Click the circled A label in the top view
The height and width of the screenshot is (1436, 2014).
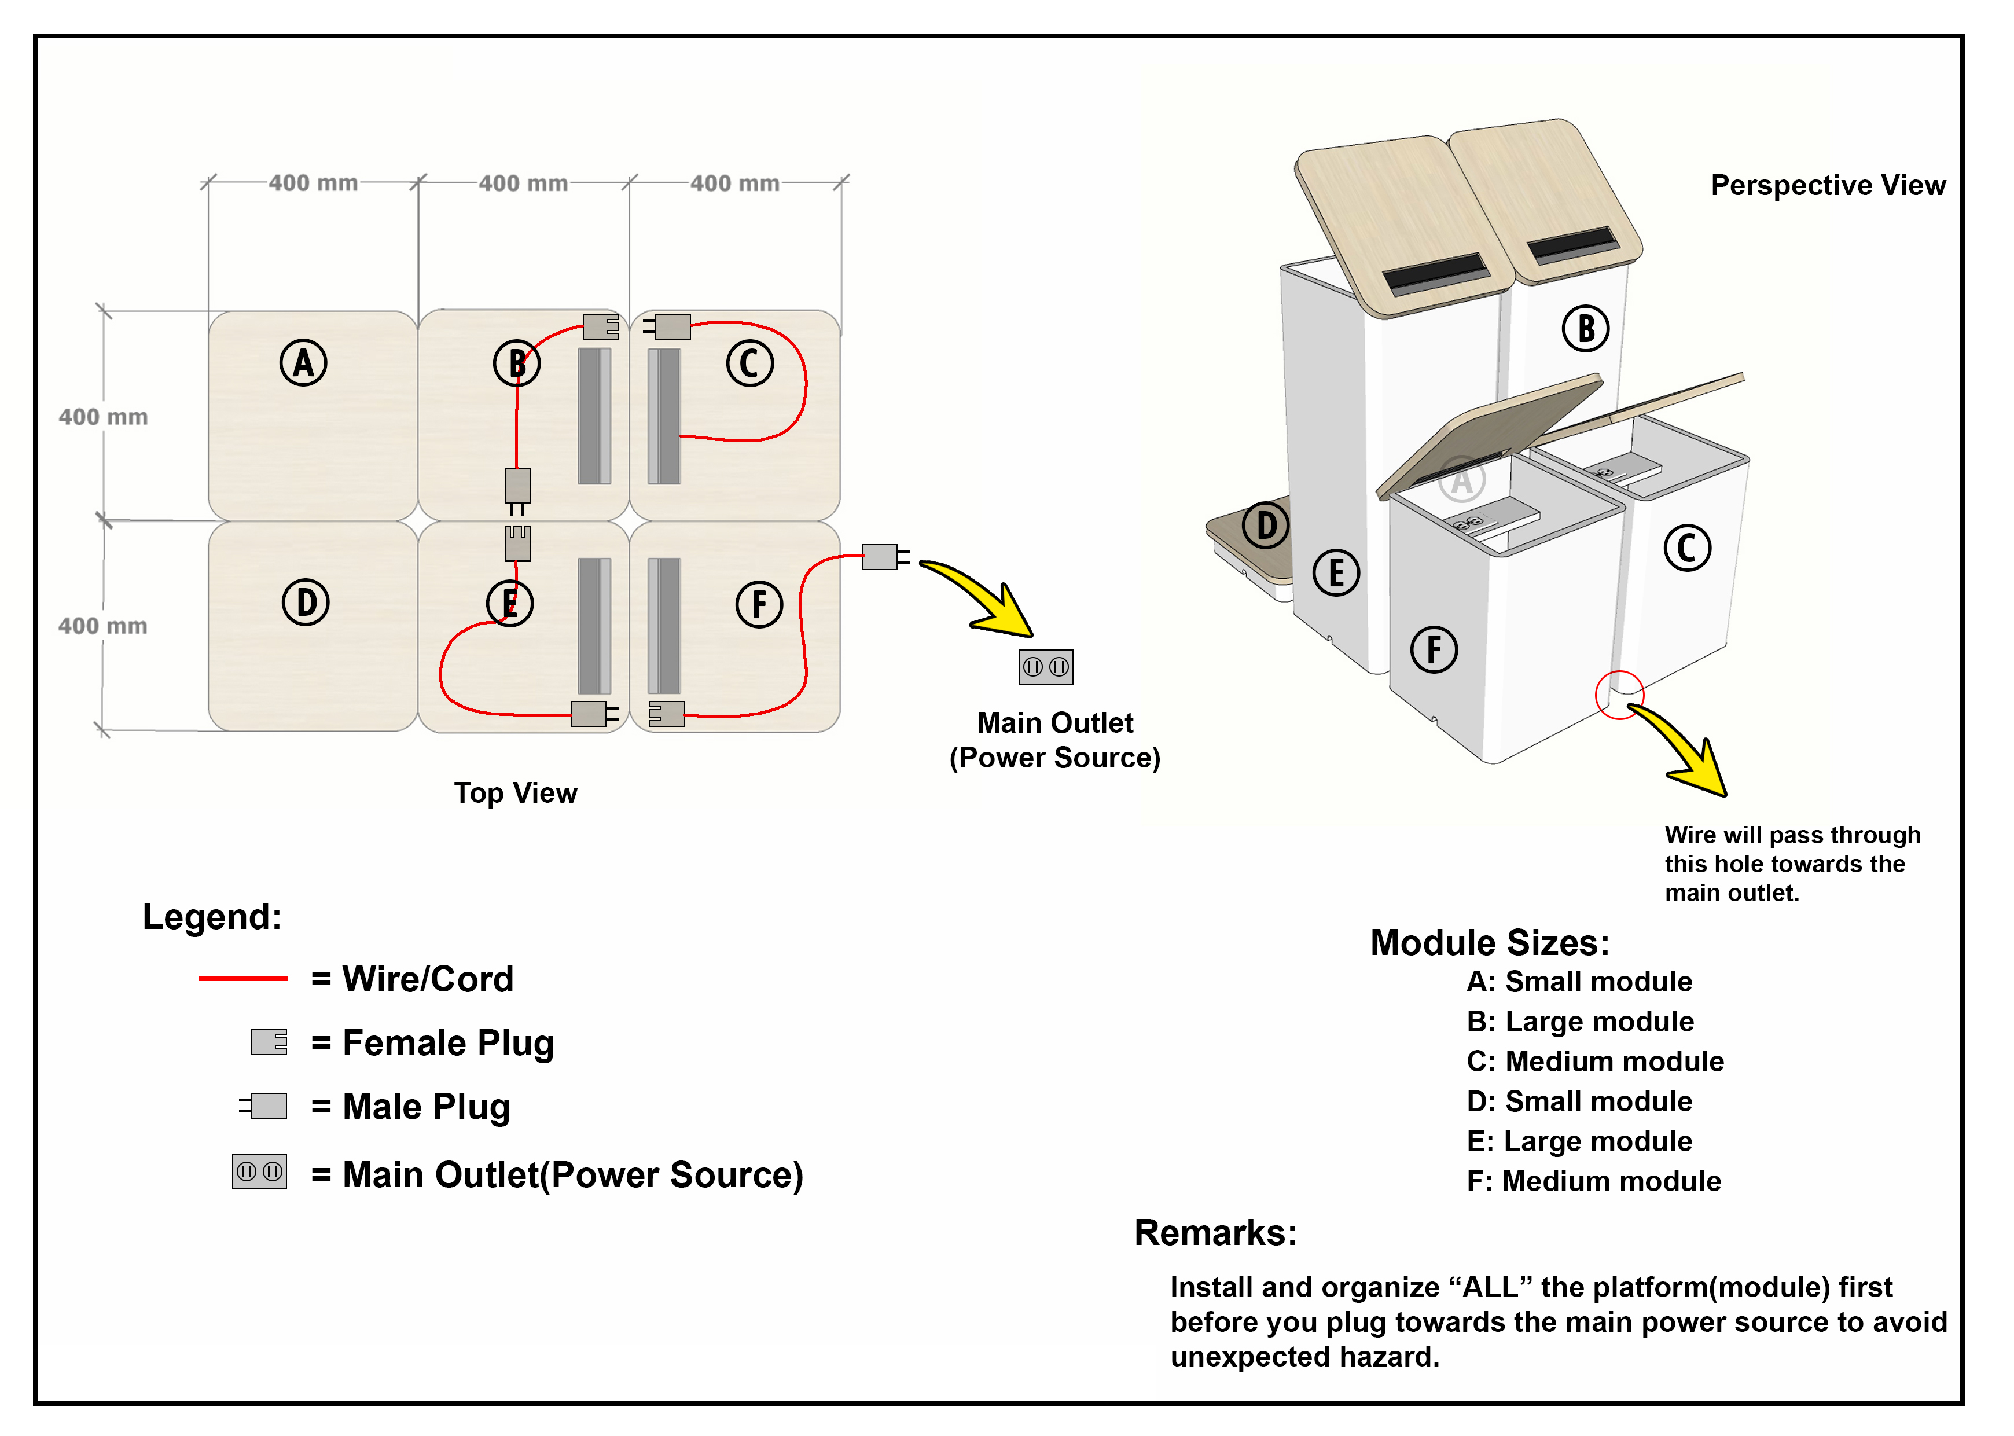click(303, 362)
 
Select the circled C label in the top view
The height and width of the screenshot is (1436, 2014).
click(749, 363)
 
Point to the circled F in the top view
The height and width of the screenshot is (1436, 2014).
click(759, 605)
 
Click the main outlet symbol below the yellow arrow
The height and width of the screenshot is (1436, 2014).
click(1046, 667)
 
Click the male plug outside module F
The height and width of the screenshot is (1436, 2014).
click(885, 557)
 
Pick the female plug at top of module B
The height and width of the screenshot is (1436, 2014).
click(600, 326)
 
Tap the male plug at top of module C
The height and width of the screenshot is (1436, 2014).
click(667, 326)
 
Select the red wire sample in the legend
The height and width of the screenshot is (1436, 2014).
click(243, 978)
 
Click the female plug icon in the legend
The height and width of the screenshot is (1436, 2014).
click(269, 1042)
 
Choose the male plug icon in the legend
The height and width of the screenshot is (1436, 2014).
click(263, 1106)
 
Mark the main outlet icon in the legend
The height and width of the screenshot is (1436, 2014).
click(260, 1171)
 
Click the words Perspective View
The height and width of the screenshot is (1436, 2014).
click(1828, 185)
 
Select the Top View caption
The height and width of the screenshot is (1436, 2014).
click(516, 793)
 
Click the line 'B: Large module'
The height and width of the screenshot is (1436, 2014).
click(1580, 1022)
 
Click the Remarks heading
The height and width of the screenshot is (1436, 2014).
click(1216, 1233)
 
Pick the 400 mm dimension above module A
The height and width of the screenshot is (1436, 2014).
click(313, 183)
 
